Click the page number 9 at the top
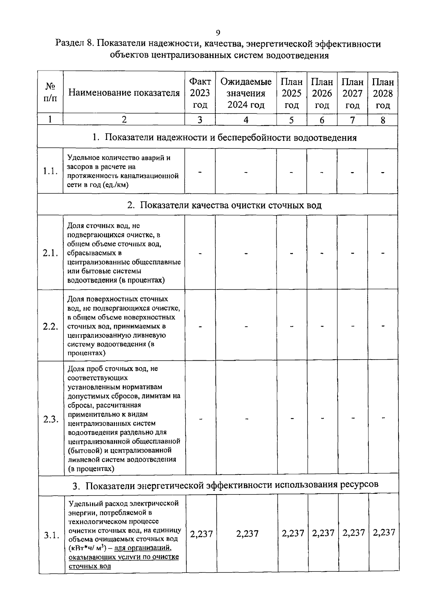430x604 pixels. tap(218, 33)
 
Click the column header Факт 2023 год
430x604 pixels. tap(200, 93)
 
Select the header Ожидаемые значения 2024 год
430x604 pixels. tap(246, 93)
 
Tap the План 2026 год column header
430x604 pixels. tap(322, 93)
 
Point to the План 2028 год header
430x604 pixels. tap(383, 93)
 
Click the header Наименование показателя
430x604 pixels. tap(124, 93)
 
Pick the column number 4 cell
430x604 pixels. tap(246, 120)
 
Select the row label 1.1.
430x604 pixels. tap(50, 171)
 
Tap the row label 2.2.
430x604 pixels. tap(50, 326)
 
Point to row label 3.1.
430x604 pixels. tap(51, 535)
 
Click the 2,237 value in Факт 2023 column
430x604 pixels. tap(201, 534)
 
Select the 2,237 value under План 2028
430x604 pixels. tap(384, 532)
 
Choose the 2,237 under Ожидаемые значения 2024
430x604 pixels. tap(247, 534)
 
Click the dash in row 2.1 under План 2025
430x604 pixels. tap(292, 253)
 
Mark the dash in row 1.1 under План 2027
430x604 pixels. tap(353, 172)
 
